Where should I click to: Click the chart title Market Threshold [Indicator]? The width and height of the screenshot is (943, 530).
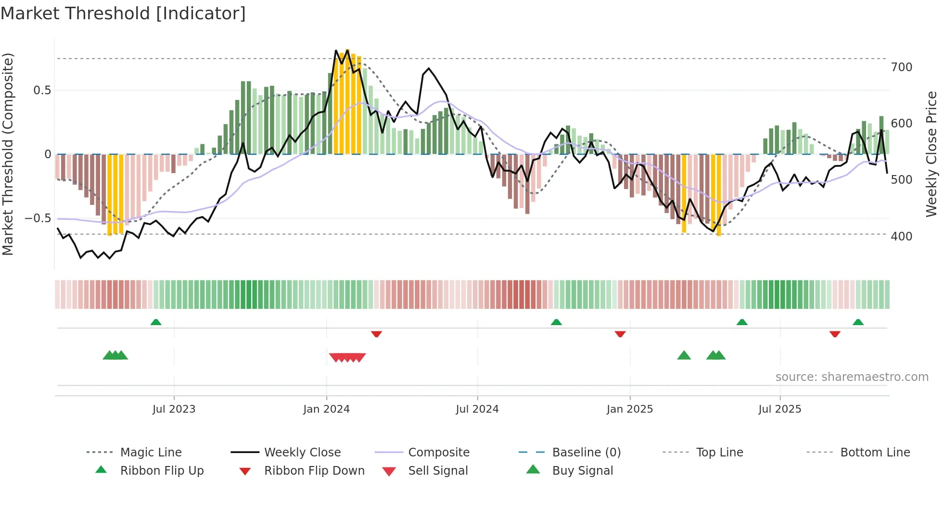tap(123, 13)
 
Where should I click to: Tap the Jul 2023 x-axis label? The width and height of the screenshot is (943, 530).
tap(174, 409)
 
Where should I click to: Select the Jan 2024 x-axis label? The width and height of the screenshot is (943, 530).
tap(326, 409)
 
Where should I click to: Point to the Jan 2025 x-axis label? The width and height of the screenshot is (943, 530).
tap(629, 409)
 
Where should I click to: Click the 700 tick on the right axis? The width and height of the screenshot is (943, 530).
tap(901, 67)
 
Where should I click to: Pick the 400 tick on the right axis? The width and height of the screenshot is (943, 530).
tap(901, 237)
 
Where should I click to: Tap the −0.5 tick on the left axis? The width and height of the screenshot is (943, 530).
tap(38, 218)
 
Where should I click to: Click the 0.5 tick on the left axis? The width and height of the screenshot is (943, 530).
tap(42, 90)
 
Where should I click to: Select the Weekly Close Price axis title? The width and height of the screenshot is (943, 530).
tap(931, 154)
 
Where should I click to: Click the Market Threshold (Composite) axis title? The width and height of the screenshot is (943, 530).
tap(8, 154)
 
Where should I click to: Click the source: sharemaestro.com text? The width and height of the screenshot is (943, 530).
tap(852, 377)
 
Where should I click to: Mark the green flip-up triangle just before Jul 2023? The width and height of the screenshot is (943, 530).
tap(156, 322)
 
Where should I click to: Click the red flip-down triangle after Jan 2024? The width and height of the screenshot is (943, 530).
tap(376, 334)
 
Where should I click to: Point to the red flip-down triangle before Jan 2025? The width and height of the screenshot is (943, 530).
tap(620, 334)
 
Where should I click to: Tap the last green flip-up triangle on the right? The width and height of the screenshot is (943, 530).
tap(858, 322)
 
